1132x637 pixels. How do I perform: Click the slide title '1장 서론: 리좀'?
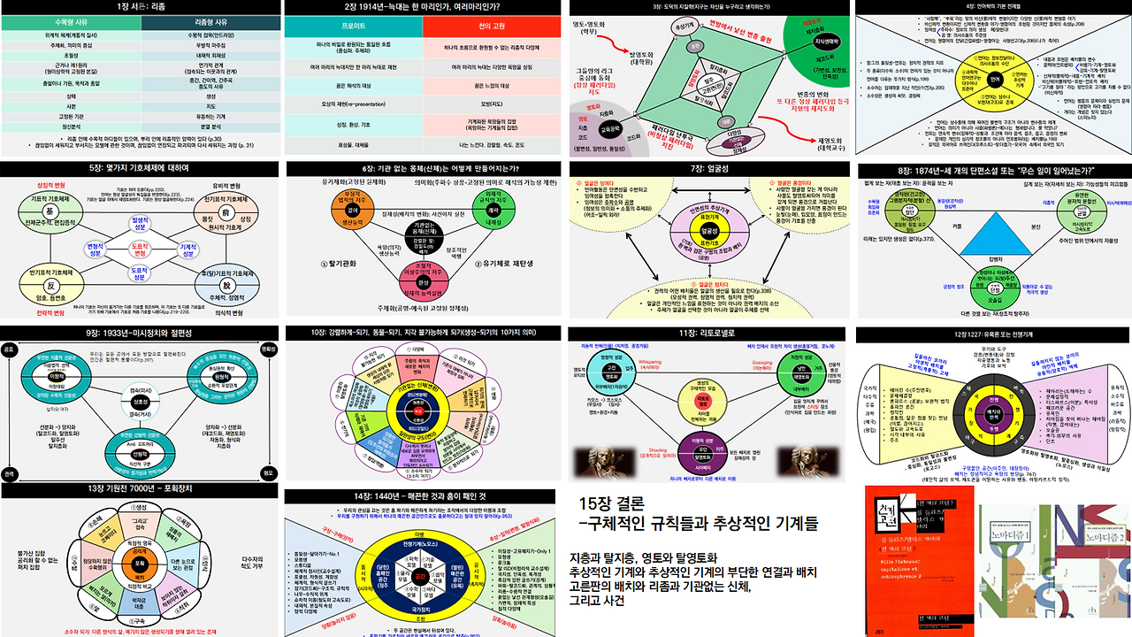140,7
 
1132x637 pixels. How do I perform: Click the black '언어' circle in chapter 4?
991,79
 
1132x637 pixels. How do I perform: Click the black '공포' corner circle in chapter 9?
10,350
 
